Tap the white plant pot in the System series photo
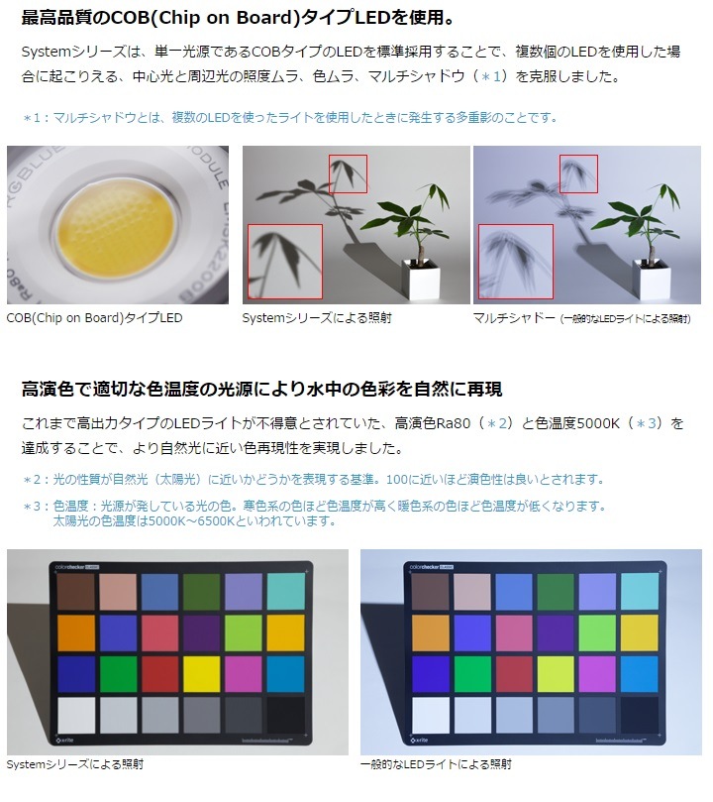(422, 281)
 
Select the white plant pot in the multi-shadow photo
(652, 281)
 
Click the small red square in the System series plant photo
(348, 173)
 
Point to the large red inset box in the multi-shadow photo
(516, 262)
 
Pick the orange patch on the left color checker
(76, 633)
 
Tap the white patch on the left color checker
(76, 716)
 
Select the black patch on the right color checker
(640, 715)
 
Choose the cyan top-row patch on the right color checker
(640, 592)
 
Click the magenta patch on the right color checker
(597, 674)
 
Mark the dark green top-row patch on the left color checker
(201, 592)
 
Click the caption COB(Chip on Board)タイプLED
(94, 317)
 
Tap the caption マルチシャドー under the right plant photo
(514, 318)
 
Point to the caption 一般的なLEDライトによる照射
(436, 764)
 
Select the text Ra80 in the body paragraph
(453, 423)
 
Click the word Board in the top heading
(267, 18)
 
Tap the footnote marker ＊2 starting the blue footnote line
(32, 480)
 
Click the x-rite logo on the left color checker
(63, 741)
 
